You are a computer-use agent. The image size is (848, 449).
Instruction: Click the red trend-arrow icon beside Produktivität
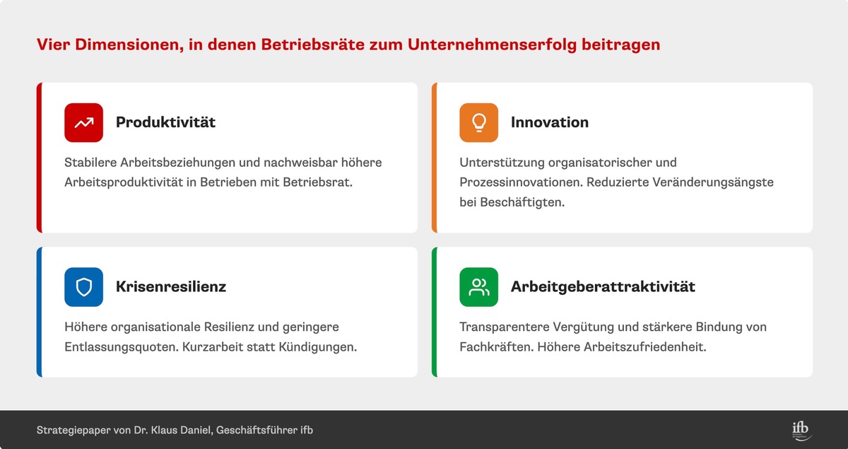(83, 122)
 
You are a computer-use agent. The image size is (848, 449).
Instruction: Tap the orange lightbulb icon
(478, 122)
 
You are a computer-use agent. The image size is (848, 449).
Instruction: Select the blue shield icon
(83, 287)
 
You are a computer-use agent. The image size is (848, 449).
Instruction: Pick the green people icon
(478, 287)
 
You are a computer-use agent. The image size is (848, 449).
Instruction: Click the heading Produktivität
(165, 122)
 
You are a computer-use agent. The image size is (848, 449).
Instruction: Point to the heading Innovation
(549, 122)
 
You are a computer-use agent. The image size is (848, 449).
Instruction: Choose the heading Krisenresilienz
(171, 287)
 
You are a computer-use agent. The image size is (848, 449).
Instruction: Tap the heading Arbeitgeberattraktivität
(603, 287)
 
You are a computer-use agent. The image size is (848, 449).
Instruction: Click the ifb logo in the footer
(801, 430)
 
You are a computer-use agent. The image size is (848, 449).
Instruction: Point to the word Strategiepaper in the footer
(73, 431)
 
